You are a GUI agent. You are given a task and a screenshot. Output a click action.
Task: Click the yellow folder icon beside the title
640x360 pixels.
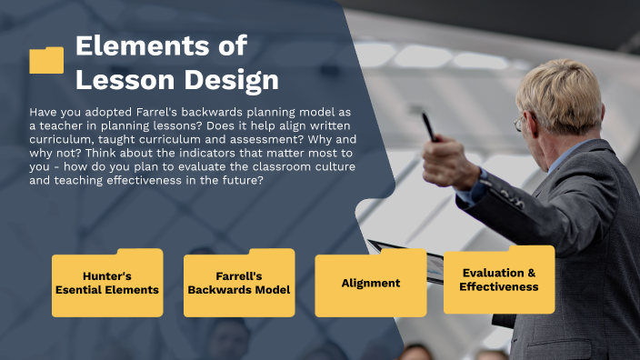coord(46,60)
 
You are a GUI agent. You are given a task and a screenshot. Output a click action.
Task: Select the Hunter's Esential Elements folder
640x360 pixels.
coord(107,283)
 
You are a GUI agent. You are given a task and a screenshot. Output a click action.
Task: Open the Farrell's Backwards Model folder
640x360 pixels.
coord(239,283)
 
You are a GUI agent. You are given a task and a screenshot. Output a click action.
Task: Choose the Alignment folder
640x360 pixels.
coord(371,283)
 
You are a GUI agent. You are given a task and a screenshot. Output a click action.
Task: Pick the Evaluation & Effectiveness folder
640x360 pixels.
coord(499,280)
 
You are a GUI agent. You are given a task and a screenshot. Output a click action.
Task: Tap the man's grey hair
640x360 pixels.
coord(564,86)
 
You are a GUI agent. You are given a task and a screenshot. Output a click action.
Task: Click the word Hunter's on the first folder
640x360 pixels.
coord(107,275)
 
